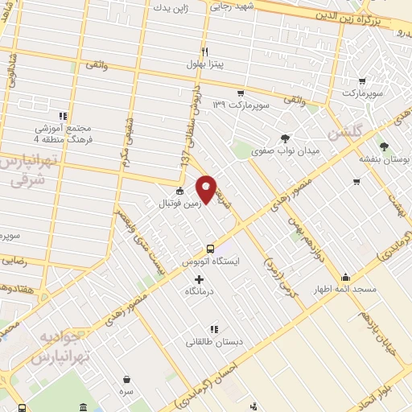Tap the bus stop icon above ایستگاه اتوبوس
tap(211, 249)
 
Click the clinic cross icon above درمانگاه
tap(200, 278)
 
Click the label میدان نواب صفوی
tap(286, 150)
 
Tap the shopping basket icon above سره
tap(126, 379)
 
